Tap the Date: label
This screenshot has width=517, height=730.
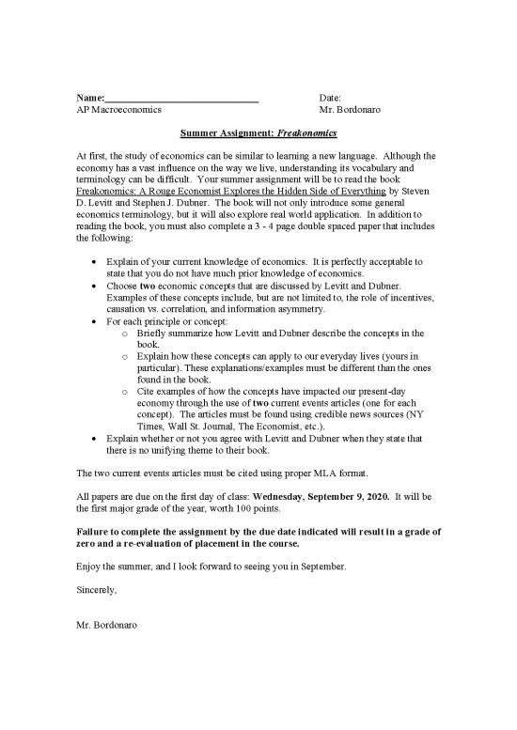click(330, 98)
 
